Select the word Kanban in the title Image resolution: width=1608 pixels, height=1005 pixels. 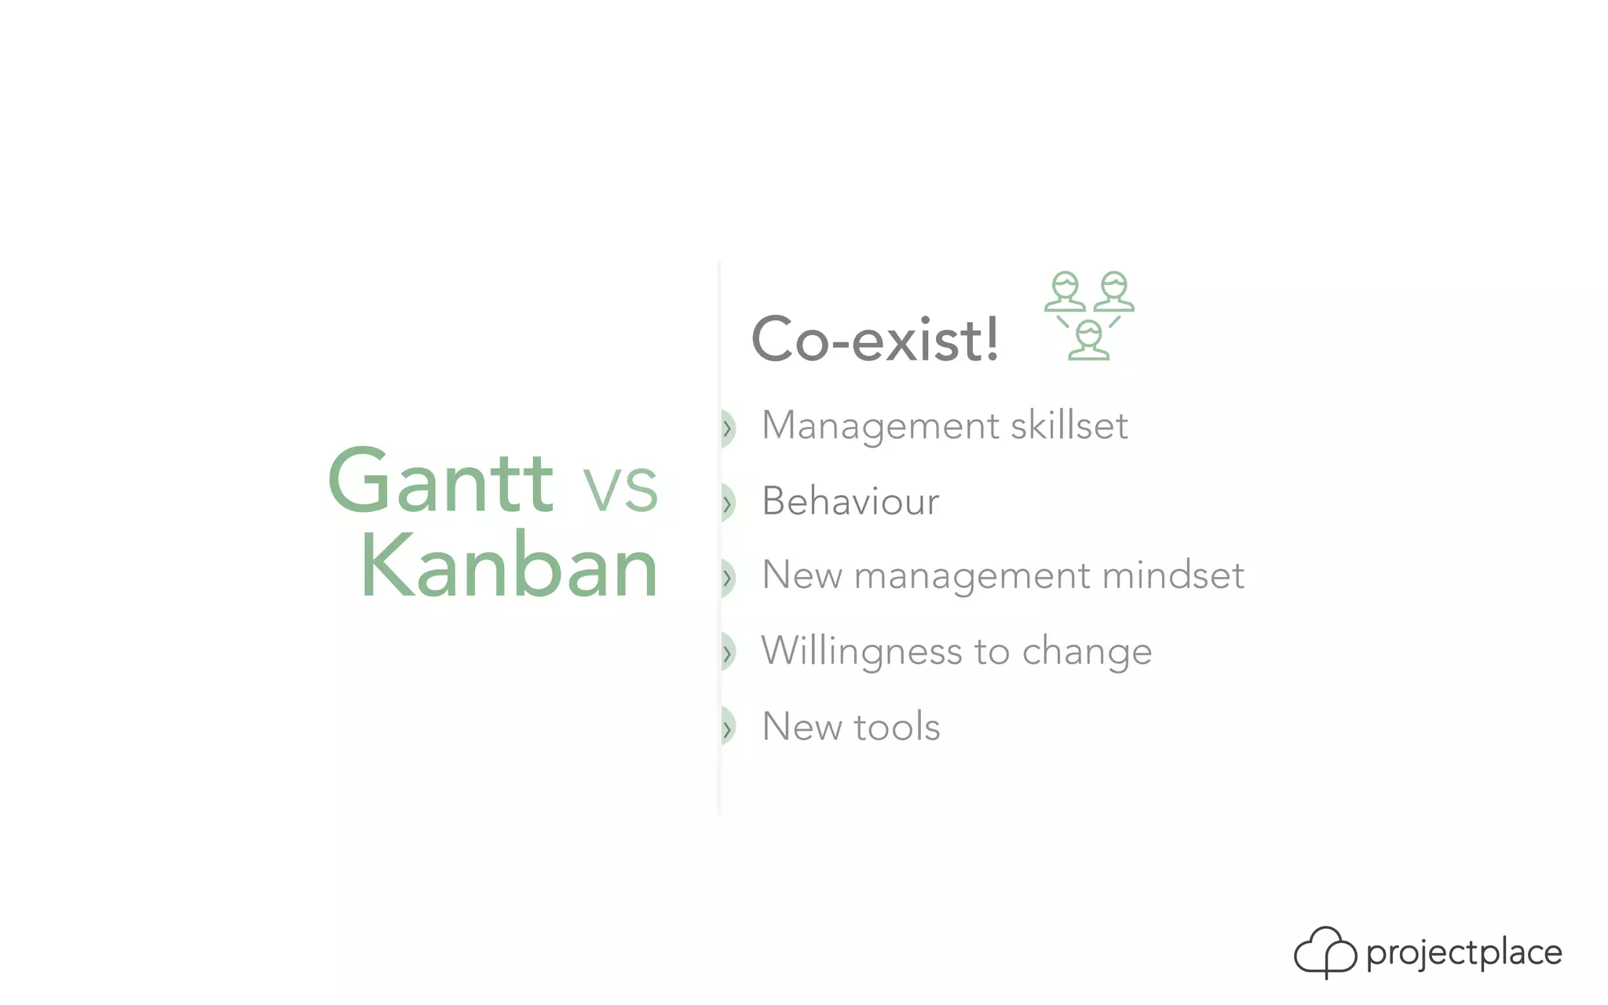point(509,567)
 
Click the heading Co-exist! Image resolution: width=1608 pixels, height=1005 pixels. point(875,340)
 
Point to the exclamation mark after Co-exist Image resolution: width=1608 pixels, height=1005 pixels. point(992,338)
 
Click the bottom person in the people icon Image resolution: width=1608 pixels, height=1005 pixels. point(1089,341)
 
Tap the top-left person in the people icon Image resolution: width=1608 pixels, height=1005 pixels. point(1065,292)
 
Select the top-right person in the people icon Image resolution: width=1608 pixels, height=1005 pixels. point(1114,292)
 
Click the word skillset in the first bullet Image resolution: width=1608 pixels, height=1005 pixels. point(1069,426)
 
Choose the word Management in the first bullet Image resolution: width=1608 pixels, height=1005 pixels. point(880,427)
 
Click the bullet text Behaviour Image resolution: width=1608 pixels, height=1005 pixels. point(850,501)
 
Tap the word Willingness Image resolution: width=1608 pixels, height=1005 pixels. point(861,652)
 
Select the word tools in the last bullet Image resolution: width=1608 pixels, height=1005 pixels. point(897,727)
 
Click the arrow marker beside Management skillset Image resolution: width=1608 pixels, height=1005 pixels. point(727,428)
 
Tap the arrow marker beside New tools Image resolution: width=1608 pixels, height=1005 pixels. point(727,728)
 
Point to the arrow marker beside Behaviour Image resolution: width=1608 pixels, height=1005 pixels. point(727,503)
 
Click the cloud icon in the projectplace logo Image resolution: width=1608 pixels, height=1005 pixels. point(1325,952)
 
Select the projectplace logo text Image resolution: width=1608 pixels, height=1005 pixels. point(1464,953)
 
